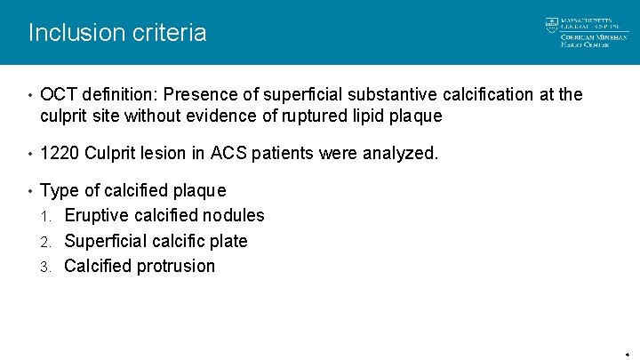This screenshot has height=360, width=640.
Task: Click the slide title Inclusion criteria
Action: click(x=117, y=33)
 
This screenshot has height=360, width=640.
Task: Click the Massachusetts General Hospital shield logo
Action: click(x=551, y=25)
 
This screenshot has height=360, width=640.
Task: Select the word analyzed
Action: click(x=400, y=154)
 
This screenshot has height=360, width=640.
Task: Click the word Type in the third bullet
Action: click(x=60, y=190)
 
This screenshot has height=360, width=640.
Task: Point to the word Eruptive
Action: click(x=100, y=215)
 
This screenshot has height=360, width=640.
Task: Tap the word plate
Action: click(x=228, y=241)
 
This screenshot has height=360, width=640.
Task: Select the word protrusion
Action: click(x=177, y=266)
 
